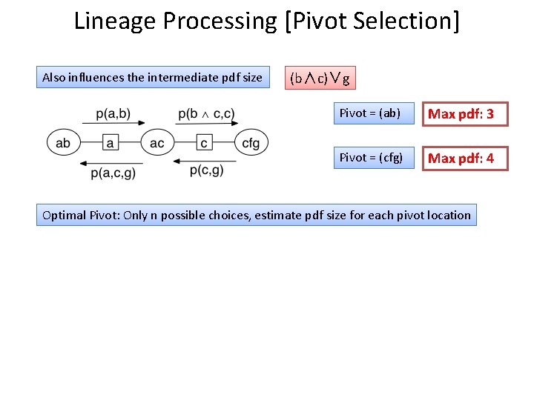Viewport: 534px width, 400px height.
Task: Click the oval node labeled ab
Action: pos(63,143)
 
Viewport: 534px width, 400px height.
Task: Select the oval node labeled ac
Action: pos(157,143)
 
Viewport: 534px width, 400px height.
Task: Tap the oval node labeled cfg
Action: pos(251,143)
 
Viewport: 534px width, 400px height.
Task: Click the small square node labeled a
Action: pos(110,143)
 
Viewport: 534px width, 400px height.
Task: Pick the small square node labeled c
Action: pos(204,143)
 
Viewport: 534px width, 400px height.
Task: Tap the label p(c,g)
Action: pos(206,171)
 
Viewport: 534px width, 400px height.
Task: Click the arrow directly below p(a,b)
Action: pos(113,125)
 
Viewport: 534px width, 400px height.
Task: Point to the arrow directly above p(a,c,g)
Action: pos(111,161)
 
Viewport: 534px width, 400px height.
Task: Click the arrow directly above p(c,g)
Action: pos(205,159)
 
